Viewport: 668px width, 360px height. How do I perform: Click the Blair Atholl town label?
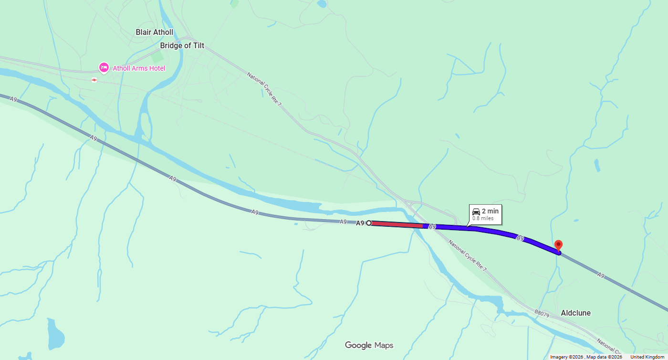154,32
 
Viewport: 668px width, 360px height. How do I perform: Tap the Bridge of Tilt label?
182,46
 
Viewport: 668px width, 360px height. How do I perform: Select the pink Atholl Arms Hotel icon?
104,68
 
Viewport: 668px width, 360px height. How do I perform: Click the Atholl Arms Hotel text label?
139,68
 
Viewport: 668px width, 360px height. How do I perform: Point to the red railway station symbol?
94,80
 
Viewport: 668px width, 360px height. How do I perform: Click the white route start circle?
369,223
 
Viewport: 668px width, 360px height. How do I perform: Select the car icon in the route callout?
476,212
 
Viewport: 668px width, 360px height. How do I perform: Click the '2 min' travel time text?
490,212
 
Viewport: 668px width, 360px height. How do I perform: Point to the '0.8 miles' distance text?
483,219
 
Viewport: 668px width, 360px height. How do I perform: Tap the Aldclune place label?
575,313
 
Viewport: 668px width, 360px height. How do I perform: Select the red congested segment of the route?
396,224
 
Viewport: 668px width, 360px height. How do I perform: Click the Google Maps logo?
369,345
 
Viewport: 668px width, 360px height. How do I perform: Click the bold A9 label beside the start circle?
360,223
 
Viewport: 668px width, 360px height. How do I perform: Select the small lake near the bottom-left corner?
55,334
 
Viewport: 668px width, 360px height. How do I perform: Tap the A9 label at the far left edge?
13,99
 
